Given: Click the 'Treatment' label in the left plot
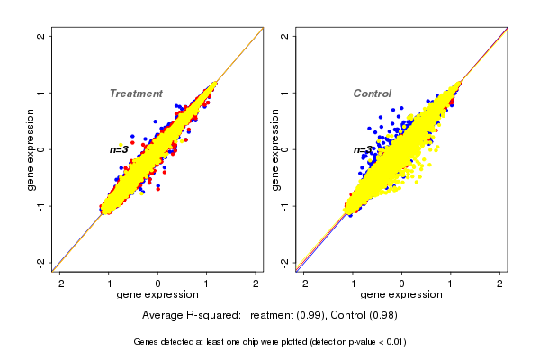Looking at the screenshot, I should [136, 94].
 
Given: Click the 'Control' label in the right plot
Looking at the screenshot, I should [372, 94].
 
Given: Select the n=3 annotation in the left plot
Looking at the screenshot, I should [119, 149].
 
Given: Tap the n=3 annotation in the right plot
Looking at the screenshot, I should [363, 150].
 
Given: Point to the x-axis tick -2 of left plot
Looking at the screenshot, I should [59, 283].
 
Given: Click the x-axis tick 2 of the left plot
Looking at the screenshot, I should [256, 283].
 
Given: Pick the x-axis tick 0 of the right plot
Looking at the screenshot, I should [402, 283].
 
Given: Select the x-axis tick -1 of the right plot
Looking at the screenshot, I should [352, 283].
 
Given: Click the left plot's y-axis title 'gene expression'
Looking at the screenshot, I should [31, 149].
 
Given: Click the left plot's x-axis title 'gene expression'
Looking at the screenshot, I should [157, 295].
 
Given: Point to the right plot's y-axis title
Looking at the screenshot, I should [275, 149].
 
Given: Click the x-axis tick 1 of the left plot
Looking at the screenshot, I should [207, 283].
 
